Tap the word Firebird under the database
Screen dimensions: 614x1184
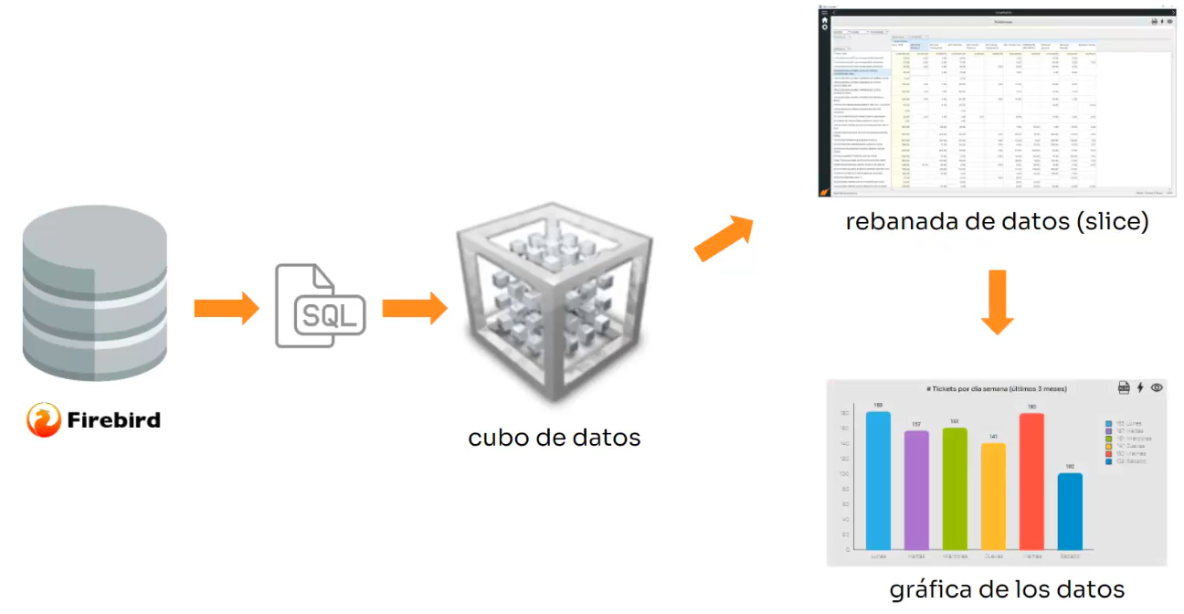113,420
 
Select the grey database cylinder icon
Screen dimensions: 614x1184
95,292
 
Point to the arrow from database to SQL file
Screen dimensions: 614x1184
227,308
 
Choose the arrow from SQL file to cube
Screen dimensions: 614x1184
414,308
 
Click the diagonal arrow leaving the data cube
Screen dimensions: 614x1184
724,238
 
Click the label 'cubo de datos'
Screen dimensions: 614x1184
554,438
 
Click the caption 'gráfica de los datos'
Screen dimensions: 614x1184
1007,588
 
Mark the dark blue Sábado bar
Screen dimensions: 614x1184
1070,511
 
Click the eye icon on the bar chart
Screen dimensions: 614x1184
1157,387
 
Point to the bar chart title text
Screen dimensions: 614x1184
996,388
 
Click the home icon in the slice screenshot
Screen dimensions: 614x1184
825,20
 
